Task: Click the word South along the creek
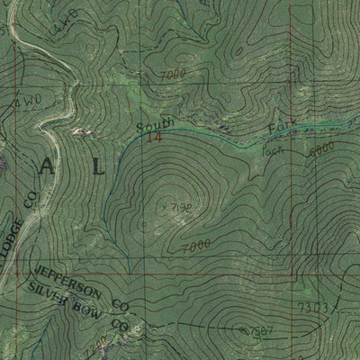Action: tap(150, 125)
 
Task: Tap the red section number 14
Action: tap(156, 139)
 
